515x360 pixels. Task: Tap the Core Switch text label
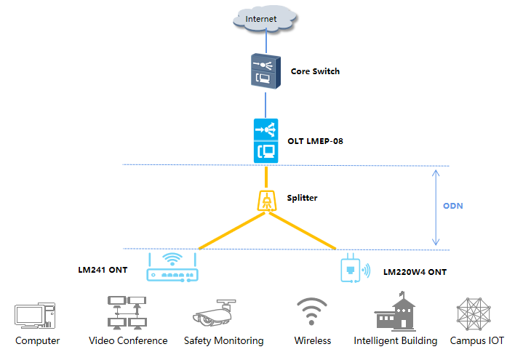315,71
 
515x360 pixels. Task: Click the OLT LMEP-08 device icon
266,141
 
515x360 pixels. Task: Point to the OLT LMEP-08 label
315,141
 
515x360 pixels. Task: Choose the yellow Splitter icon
266,201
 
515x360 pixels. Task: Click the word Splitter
302,198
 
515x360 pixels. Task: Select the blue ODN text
453,206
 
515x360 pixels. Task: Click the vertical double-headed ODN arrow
434,207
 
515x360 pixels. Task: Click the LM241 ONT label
103,270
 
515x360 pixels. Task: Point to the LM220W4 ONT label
415,272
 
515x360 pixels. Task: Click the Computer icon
35,316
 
